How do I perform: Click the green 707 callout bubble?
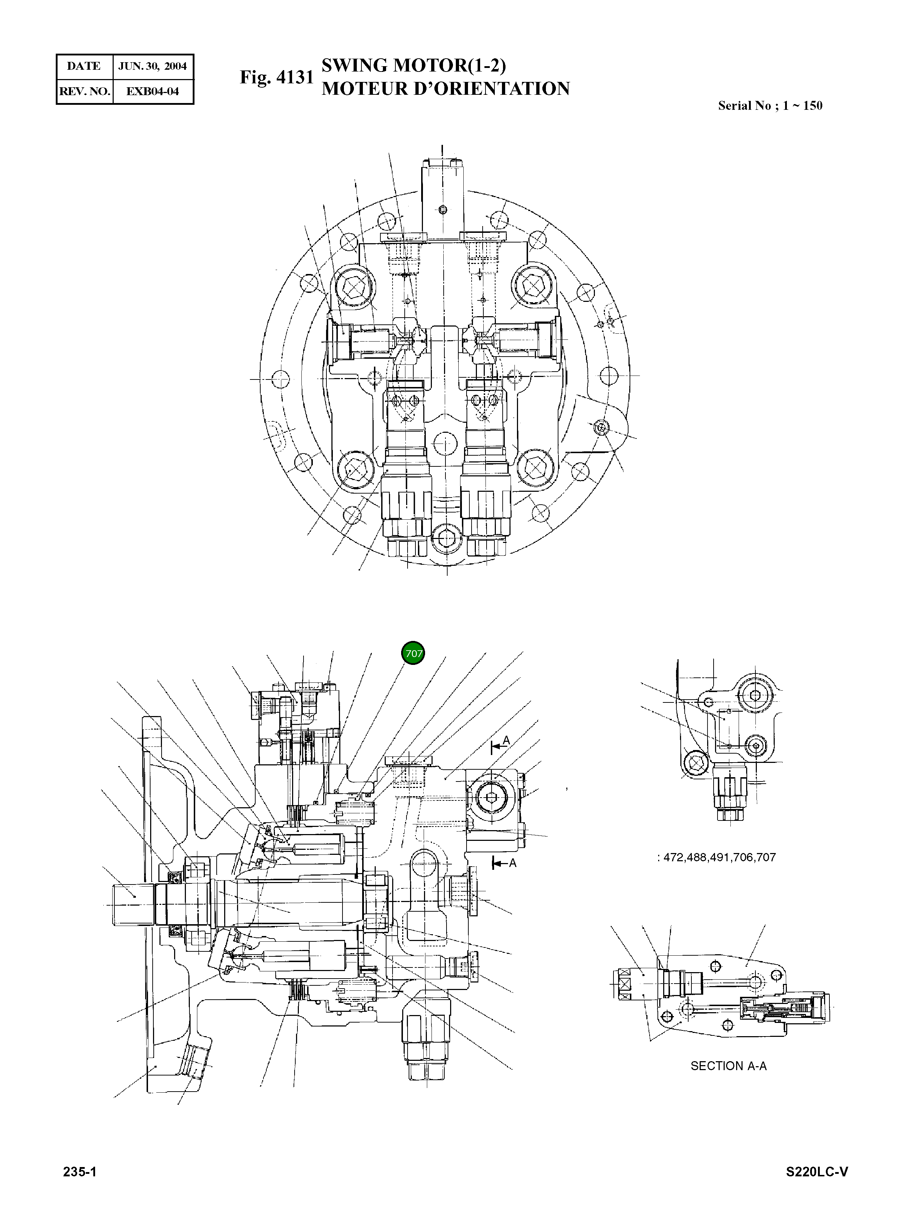pos(413,653)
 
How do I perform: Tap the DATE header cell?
pos(84,67)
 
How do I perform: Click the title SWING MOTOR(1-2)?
pos(413,65)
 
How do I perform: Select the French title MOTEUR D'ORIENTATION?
pos(445,88)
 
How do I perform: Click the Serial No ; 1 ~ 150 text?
pos(770,106)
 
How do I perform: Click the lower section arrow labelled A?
pos(503,863)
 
